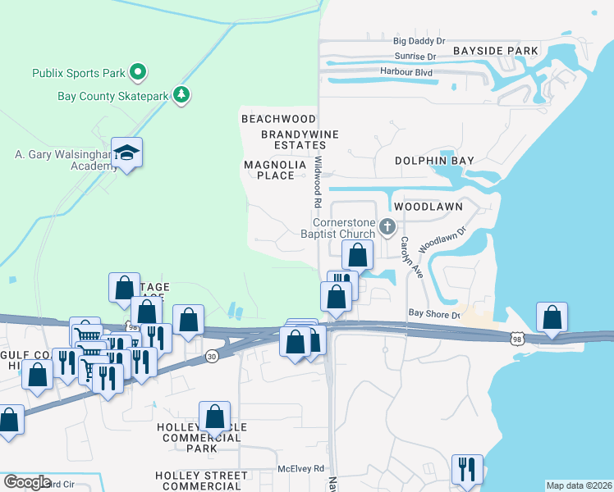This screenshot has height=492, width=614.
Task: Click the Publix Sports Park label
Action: pos(79,73)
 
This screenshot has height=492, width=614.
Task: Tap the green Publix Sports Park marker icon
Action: pos(139,73)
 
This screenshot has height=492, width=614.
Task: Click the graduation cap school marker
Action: pos(127,153)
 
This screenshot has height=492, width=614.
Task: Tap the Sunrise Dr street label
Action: pos(415,57)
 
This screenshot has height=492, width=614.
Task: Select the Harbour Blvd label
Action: pos(406,71)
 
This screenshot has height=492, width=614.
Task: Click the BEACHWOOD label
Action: pos(278,119)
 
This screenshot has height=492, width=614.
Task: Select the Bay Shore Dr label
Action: pos(434,314)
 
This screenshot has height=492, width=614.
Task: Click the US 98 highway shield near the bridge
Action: pos(516,338)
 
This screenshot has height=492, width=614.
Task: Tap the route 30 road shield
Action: pos(213,356)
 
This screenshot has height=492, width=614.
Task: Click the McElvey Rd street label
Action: pos(301,468)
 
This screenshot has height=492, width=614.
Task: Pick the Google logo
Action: pos(27,482)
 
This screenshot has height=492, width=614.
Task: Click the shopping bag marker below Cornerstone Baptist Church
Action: pos(358,254)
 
